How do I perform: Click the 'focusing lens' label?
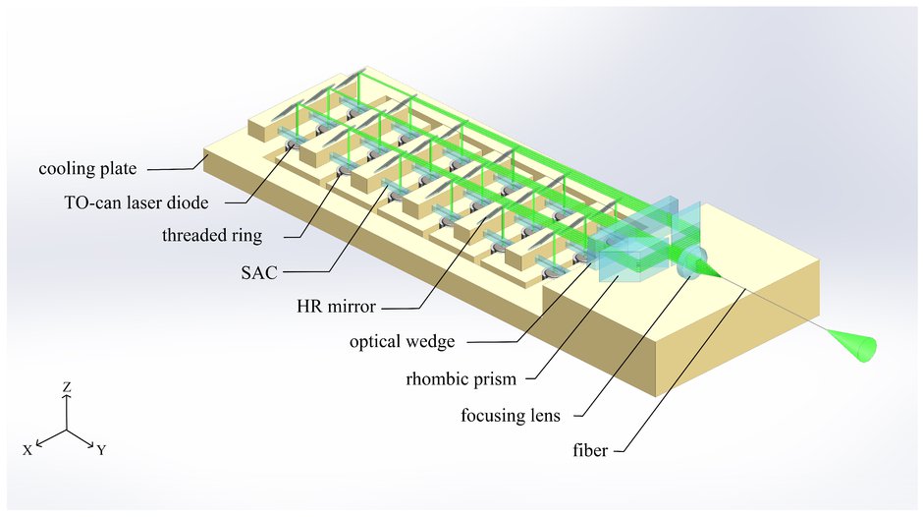pos(511,415)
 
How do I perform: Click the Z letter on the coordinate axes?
pos(67,388)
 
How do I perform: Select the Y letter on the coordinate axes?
pos(101,450)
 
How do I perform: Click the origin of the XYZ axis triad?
pos(67,430)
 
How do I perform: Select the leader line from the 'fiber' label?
pos(687,373)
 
